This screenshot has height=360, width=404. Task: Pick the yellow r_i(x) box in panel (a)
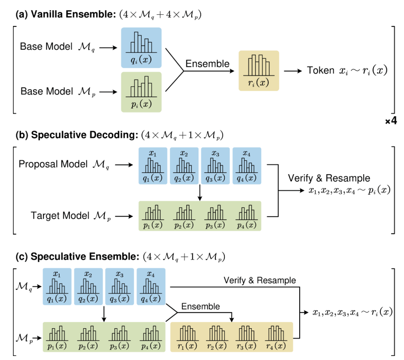(258, 71)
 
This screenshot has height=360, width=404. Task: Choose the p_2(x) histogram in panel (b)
(184, 216)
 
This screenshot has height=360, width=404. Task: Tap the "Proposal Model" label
(53, 165)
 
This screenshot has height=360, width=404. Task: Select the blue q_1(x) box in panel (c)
(57, 287)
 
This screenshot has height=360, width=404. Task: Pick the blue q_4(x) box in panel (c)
(151, 287)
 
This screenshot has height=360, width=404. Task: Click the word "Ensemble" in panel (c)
(201, 307)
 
